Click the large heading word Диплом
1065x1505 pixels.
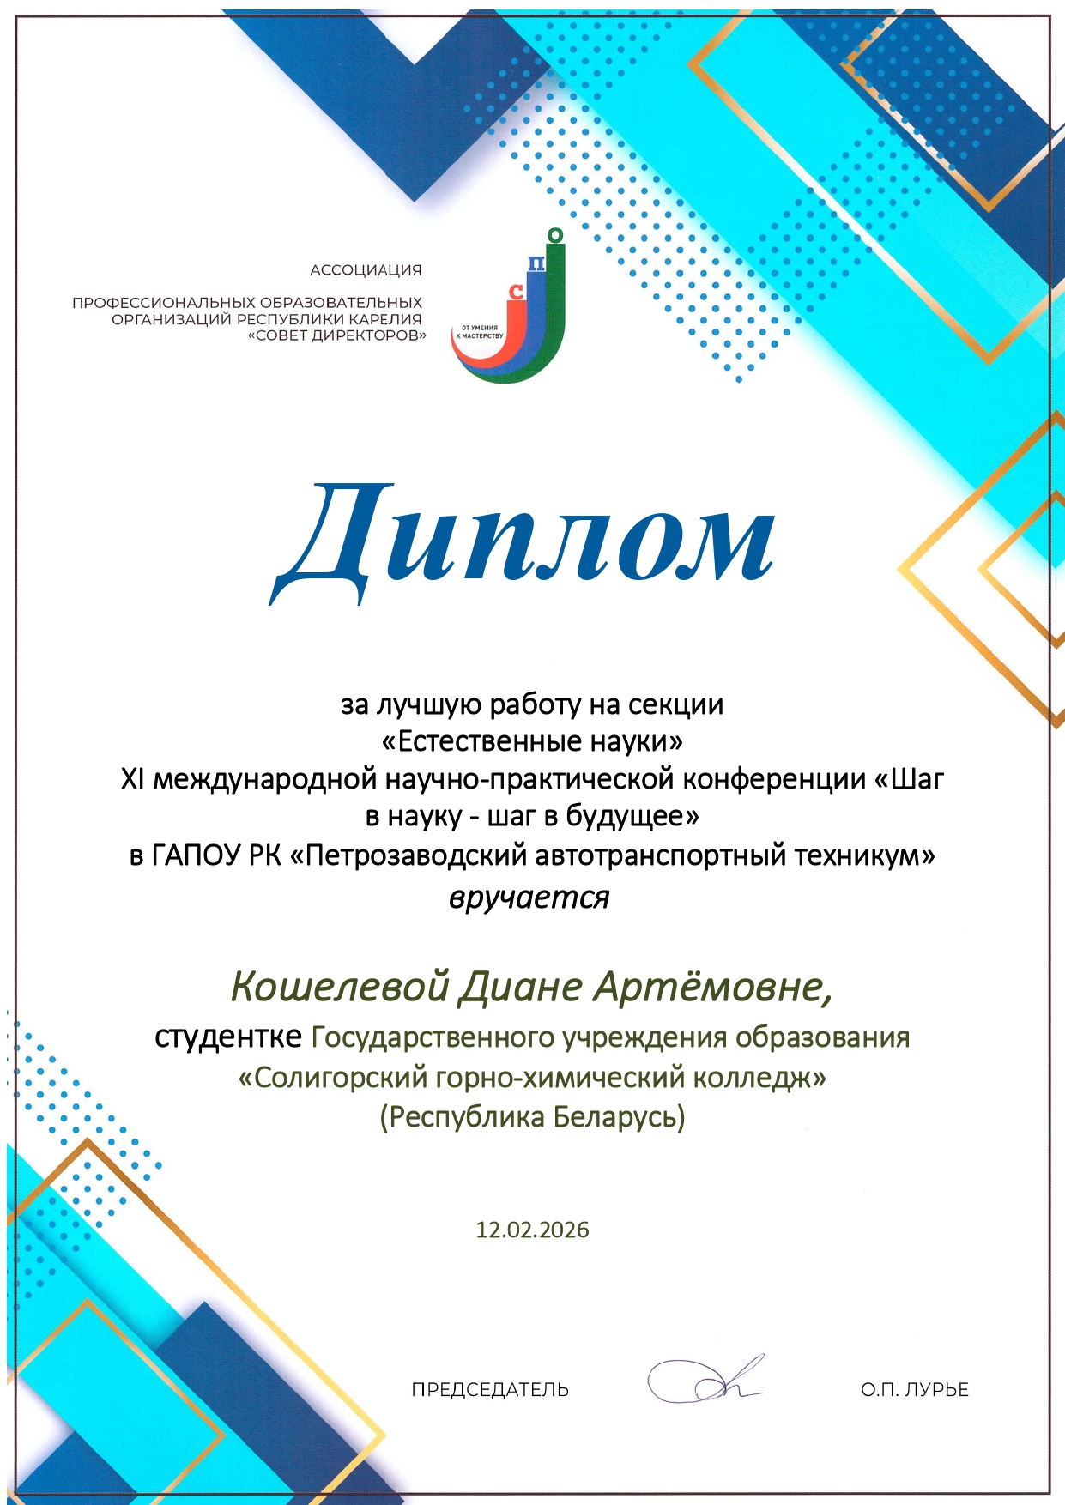(x=523, y=541)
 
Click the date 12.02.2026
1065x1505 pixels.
(x=532, y=1230)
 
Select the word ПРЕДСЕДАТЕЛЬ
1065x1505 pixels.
(x=490, y=1389)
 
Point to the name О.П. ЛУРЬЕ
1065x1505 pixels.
(x=915, y=1389)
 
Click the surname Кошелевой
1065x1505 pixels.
(x=341, y=987)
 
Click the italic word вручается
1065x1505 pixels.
(x=529, y=898)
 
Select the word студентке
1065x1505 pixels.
(x=228, y=1037)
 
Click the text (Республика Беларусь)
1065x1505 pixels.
(x=532, y=1116)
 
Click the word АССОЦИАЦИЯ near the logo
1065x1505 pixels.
(x=366, y=270)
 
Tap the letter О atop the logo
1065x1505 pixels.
(x=555, y=235)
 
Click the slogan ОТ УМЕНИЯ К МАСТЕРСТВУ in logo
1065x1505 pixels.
(x=480, y=331)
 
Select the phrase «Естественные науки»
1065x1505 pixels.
(x=532, y=740)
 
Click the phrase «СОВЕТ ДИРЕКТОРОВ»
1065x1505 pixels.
(x=336, y=335)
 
